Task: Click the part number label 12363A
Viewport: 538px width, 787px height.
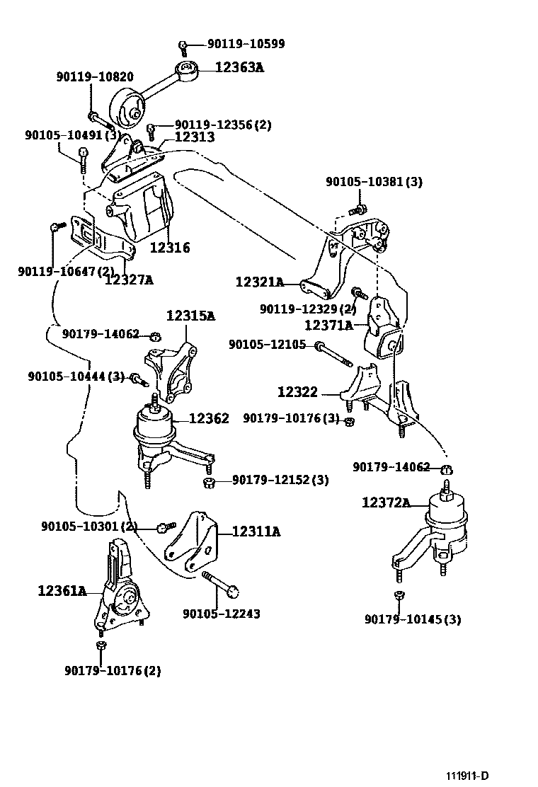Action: pyautogui.click(x=239, y=68)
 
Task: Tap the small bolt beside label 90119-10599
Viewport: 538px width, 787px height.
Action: pyautogui.click(x=183, y=47)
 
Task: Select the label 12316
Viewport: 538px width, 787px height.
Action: pyautogui.click(x=170, y=248)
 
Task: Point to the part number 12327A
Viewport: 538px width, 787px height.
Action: pyautogui.click(x=129, y=280)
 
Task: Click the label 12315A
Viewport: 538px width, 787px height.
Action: pyautogui.click(x=190, y=316)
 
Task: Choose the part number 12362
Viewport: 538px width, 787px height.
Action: pyautogui.click(x=210, y=419)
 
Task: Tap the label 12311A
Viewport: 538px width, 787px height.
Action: pyautogui.click(x=256, y=531)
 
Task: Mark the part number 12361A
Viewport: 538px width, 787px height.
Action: pyautogui.click(x=62, y=590)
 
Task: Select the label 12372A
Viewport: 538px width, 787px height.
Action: pyautogui.click(x=386, y=502)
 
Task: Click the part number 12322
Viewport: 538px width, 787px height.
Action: pyautogui.click(x=297, y=391)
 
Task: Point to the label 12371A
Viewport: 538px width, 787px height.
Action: pyautogui.click(x=328, y=326)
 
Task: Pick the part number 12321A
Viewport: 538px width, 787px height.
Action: pyautogui.click(x=260, y=282)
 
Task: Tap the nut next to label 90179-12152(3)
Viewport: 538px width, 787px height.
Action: pyautogui.click(x=209, y=482)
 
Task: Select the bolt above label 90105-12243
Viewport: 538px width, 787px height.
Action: pyautogui.click(x=221, y=585)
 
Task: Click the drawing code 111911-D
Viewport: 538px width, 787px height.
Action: pyautogui.click(x=467, y=776)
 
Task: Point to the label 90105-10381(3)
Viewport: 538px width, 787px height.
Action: pyautogui.click(x=374, y=182)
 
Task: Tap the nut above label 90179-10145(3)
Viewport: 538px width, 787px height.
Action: pyautogui.click(x=399, y=594)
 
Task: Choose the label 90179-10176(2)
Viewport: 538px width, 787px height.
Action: pyautogui.click(x=113, y=670)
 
